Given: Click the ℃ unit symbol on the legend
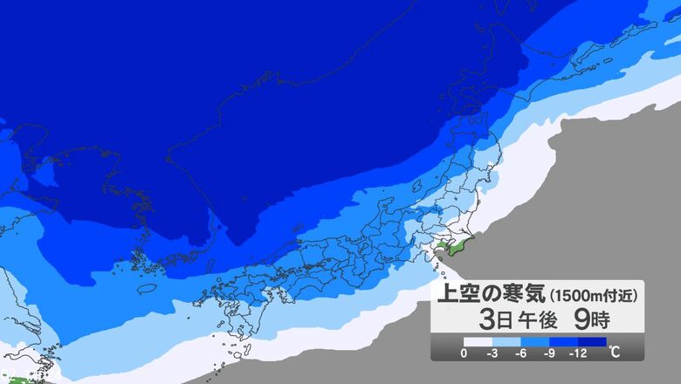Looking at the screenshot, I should click(615, 353).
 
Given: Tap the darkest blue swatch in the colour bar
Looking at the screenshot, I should click(594, 342).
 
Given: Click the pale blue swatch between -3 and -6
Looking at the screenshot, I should click(508, 342).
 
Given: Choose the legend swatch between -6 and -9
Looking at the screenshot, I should click(538, 342).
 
